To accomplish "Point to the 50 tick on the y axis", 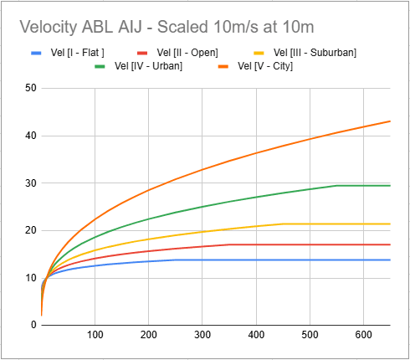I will point(30,88).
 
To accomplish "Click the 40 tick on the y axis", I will point(30,136).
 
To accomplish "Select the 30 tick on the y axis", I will point(30,183).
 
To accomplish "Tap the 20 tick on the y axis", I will point(30,230).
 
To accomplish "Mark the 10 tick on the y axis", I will point(30,278).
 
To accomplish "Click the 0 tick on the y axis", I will point(33,325).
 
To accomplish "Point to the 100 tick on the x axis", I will point(95,335).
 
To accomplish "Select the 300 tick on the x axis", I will point(202,335).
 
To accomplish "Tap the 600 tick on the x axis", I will point(363,335).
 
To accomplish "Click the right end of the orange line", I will point(390,121).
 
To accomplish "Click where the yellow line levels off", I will point(283,224).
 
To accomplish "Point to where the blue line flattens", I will point(176,260).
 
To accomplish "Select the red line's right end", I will point(390,244).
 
